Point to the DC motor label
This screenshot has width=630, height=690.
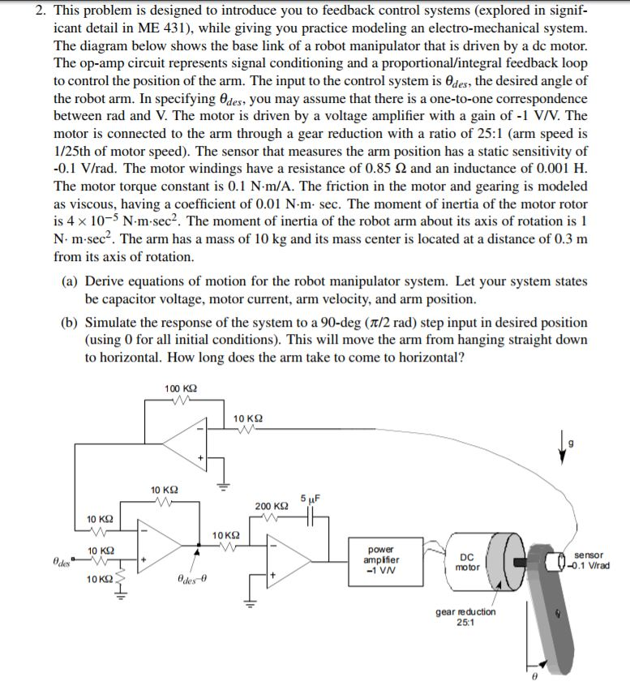coord(467,562)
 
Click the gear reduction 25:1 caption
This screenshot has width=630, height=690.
coord(465,617)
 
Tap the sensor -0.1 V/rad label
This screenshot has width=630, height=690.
coord(591,560)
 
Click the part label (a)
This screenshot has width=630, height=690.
coord(71,281)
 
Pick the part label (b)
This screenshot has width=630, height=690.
coord(71,322)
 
